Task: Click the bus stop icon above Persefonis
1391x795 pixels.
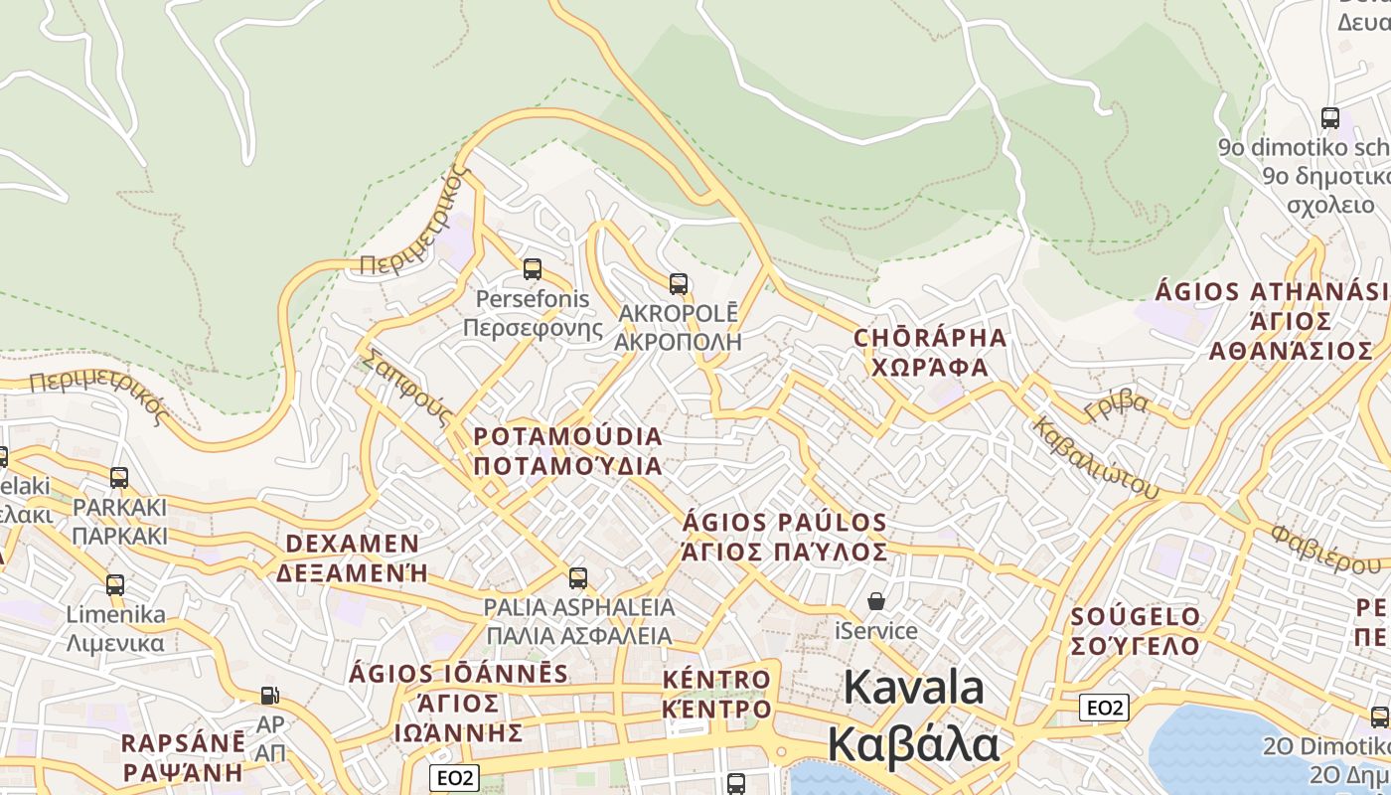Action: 533,269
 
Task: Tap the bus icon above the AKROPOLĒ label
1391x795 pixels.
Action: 679,284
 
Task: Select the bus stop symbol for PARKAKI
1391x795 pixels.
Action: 119,478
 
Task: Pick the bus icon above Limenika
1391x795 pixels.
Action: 115,585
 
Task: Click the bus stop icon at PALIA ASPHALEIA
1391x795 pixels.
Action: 578,577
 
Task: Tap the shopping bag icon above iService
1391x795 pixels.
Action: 876,601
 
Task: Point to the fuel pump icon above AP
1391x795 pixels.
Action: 269,695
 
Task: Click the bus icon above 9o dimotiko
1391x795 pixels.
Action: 1330,117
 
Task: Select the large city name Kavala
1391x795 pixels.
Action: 914,688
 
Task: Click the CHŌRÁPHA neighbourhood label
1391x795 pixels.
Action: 930,338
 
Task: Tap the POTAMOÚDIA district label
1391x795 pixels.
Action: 567,437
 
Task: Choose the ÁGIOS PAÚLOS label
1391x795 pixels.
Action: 785,523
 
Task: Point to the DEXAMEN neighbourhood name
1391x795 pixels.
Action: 353,544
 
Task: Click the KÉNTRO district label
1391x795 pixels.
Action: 716,681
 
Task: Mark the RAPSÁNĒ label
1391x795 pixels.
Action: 183,743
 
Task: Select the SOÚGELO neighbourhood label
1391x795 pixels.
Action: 1136,617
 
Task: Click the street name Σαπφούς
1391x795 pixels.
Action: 408,387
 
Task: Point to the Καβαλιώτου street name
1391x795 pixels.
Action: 1096,457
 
